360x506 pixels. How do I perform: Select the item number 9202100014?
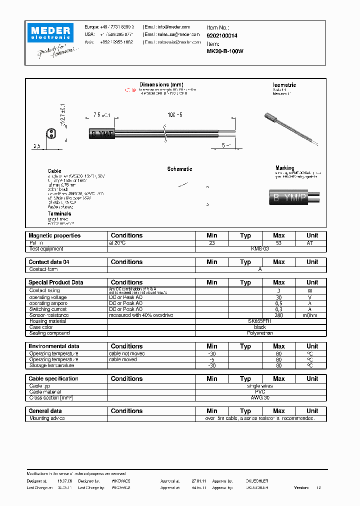point(222,35)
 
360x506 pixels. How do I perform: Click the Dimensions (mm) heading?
point(161,84)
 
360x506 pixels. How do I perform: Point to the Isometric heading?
point(284,85)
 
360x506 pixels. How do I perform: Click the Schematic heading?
point(179,169)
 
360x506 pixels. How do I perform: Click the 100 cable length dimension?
point(174,115)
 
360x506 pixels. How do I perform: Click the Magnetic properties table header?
point(54,235)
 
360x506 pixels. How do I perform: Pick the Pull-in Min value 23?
point(211,242)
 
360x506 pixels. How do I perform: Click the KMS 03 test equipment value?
point(259,248)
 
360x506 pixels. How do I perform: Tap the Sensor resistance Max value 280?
point(278,315)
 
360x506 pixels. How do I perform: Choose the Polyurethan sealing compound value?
point(259,333)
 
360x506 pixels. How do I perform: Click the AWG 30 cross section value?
point(259,398)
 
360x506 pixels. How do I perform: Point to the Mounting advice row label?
point(47,418)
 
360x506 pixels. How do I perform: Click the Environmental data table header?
point(53,346)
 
